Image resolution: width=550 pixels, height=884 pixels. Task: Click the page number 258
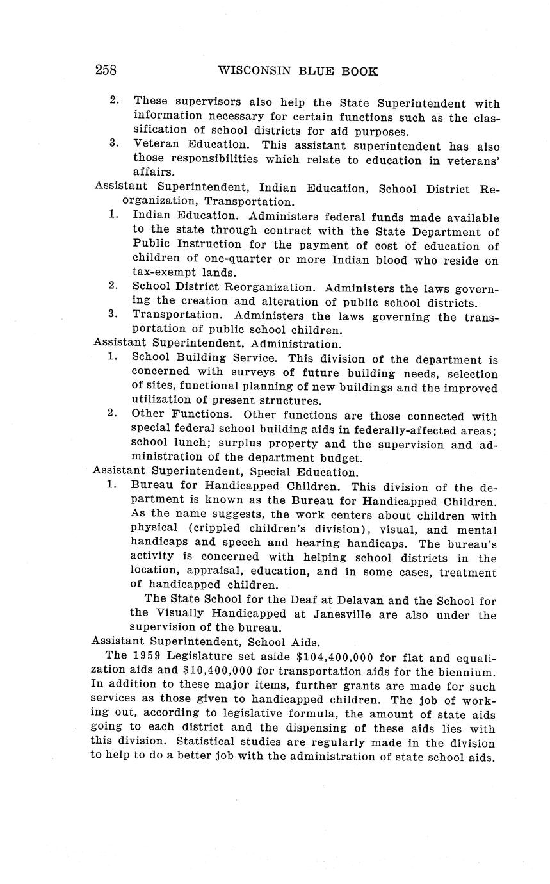(106, 70)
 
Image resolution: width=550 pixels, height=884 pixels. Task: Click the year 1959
(145, 657)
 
